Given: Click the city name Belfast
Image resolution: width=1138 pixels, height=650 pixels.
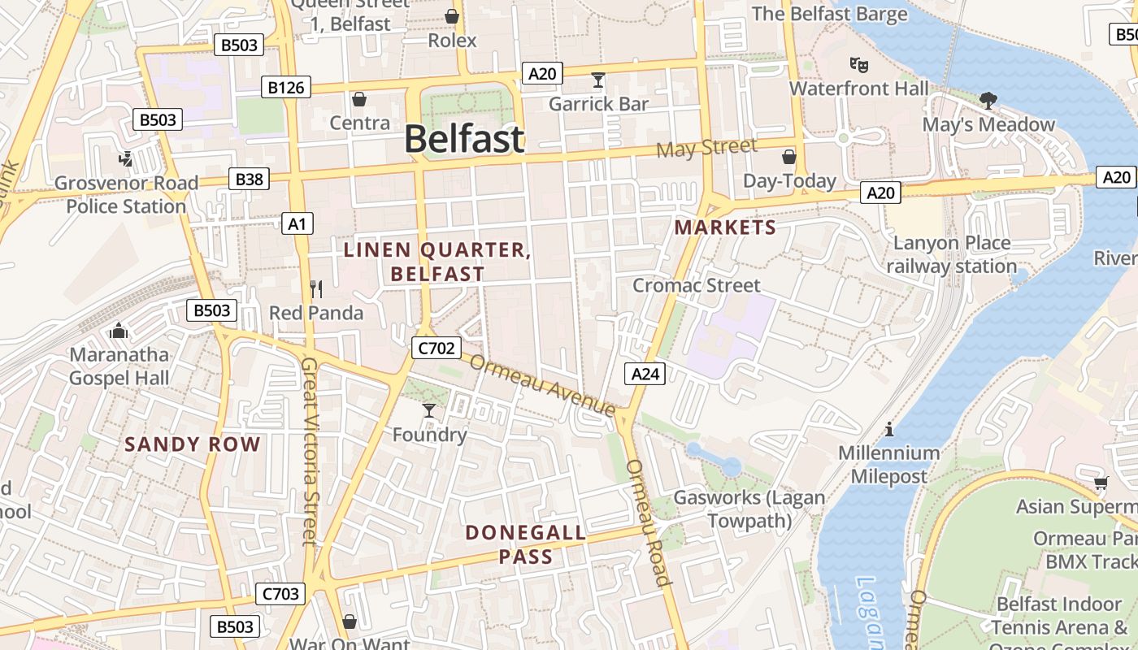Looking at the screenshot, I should point(464,139).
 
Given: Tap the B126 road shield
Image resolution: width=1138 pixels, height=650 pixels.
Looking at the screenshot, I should point(286,87).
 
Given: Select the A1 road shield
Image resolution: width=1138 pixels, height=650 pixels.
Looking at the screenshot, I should point(297,223).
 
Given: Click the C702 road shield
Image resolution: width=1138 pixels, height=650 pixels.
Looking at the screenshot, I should point(436,349).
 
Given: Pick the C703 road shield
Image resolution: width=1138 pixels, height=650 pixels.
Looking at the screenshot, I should point(280,594).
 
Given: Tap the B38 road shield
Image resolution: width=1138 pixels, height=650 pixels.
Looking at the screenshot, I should point(249,179).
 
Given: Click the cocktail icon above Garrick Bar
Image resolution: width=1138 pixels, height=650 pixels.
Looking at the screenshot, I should point(598,80).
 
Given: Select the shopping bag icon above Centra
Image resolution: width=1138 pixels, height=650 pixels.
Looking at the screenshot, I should point(359,99).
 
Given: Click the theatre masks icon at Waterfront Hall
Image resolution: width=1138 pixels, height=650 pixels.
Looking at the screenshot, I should point(858,63).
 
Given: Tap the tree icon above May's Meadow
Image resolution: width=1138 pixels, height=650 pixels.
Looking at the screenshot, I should point(988,101).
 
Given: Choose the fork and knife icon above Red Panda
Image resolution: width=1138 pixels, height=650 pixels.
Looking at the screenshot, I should point(317,288).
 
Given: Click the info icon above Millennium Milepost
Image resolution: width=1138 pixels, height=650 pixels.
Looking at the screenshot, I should point(889,429).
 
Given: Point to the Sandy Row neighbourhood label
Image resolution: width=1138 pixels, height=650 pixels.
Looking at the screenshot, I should point(193,444).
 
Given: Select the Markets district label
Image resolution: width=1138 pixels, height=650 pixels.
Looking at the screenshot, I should point(725,227).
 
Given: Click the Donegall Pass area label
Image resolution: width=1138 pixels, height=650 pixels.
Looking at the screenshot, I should point(525,544).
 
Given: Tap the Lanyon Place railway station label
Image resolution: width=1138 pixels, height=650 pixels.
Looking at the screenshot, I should point(951,254).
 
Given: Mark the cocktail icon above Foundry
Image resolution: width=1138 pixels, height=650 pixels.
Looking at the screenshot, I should point(429,410).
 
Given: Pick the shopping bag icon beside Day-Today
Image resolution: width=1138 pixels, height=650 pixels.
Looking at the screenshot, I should point(788,156).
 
